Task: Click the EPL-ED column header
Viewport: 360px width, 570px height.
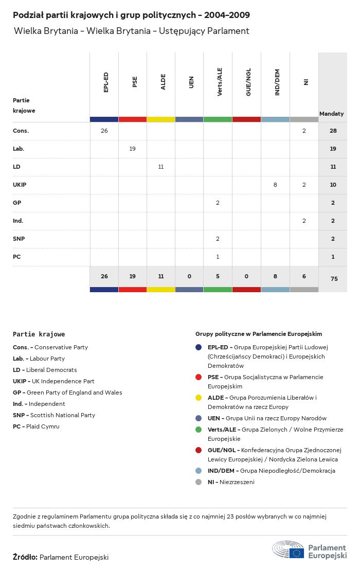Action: (x=106, y=82)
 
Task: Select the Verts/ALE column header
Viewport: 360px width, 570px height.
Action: (x=220, y=82)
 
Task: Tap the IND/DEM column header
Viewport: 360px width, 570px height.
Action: (x=277, y=82)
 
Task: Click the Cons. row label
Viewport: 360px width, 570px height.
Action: (x=21, y=131)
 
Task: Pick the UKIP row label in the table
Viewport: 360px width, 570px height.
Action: (x=20, y=185)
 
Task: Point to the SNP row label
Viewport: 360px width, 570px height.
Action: (x=19, y=239)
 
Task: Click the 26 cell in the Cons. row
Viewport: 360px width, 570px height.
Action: (x=104, y=131)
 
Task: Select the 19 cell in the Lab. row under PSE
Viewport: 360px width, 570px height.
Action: (x=132, y=149)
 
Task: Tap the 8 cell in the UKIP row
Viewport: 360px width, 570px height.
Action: (x=275, y=185)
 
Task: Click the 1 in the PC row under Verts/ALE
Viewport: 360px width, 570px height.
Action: (x=218, y=257)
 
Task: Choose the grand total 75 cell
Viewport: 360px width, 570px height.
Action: (x=333, y=279)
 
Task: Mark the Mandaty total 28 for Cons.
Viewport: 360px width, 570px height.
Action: (x=333, y=131)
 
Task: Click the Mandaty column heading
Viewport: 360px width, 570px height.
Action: (x=332, y=113)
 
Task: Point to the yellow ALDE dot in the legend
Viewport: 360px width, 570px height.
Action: (x=199, y=398)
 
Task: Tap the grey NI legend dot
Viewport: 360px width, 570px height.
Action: (x=199, y=482)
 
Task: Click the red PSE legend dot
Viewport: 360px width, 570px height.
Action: (x=199, y=377)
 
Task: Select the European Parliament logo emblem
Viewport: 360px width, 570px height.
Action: (x=289, y=550)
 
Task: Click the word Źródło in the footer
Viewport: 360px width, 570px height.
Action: (x=25, y=557)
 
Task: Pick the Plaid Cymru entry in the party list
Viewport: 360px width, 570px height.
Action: (x=36, y=426)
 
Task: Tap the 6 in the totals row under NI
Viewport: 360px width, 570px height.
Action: (x=304, y=276)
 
